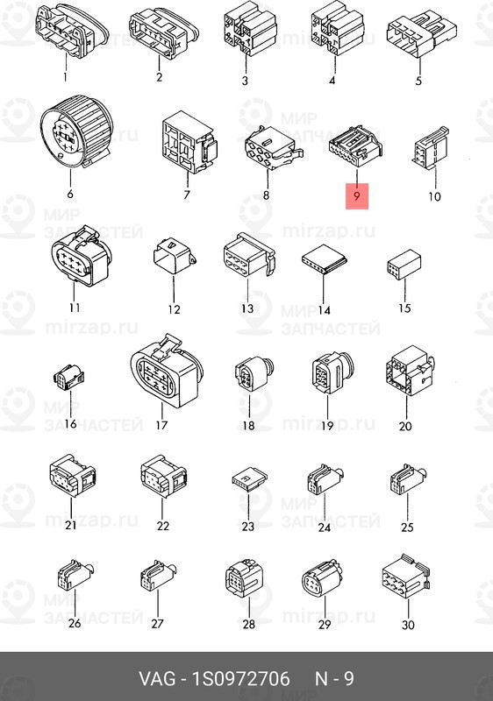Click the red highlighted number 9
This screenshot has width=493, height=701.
pyautogui.click(x=356, y=195)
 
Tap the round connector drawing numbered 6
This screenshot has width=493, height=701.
pyautogui.click(x=76, y=131)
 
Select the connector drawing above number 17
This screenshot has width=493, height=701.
pyautogui.click(x=167, y=370)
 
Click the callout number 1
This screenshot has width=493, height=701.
pyautogui.click(x=65, y=77)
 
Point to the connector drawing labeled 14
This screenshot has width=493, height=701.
pyautogui.click(x=325, y=259)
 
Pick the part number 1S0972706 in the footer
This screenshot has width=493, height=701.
pyautogui.click(x=240, y=678)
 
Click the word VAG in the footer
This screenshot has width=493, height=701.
pyautogui.click(x=158, y=678)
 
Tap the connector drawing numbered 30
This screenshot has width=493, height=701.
pyautogui.click(x=406, y=576)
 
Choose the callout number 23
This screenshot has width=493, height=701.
pyautogui.click(x=248, y=527)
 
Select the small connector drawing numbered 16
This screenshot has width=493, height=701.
pyautogui.click(x=69, y=377)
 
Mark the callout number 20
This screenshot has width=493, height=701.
pyautogui.click(x=405, y=426)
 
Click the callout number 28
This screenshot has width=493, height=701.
pyautogui.click(x=249, y=624)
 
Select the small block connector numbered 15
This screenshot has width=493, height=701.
pyautogui.click(x=404, y=265)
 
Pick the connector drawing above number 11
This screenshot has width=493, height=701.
pyautogui.click(x=81, y=256)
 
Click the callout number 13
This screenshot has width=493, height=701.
pyautogui.click(x=247, y=308)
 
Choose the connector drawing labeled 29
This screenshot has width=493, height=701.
pyautogui.click(x=322, y=577)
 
